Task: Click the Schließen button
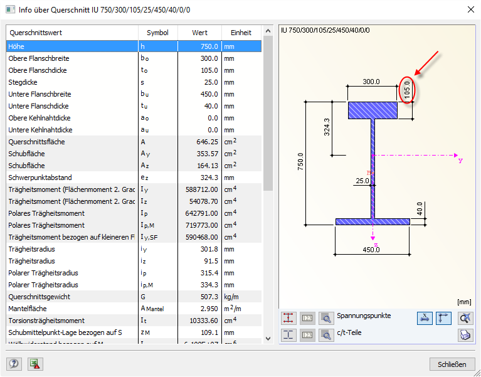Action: [x=452, y=364]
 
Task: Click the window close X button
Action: [x=470, y=9]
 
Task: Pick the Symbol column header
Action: [x=157, y=33]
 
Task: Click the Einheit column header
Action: [x=241, y=33]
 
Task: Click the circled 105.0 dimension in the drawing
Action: [x=407, y=90]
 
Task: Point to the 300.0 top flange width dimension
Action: [x=372, y=82]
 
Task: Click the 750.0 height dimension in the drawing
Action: [x=300, y=162]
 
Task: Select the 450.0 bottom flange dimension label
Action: [x=371, y=250]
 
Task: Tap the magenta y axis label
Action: [x=460, y=160]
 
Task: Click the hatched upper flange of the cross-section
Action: [x=373, y=110]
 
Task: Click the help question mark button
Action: [x=14, y=364]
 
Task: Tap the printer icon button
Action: [x=465, y=335]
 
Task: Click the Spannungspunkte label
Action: [x=364, y=316]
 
